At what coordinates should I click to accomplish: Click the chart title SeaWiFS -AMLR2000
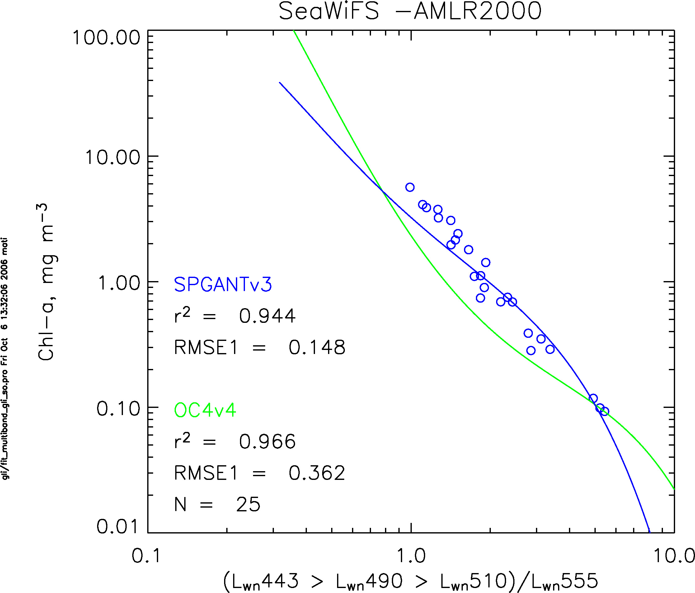[x=410, y=11]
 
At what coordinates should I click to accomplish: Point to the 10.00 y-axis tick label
[x=112, y=157]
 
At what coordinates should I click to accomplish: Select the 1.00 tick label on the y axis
[x=119, y=283]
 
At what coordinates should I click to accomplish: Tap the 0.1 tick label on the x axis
[x=146, y=556]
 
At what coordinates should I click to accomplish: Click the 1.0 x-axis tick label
[x=411, y=556]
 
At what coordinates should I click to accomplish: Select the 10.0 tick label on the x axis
[x=674, y=556]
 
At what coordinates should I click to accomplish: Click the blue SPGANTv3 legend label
[x=223, y=285]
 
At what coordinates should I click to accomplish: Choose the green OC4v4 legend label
[x=205, y=410]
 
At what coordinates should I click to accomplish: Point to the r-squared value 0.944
[x=267, y=316]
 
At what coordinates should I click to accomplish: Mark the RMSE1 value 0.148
[x=317, y=347]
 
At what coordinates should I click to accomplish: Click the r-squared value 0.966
[x=267, y=442]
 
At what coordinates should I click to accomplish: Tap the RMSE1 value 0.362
[x=317, y=473]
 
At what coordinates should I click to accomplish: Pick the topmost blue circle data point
[x=410, y=187]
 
